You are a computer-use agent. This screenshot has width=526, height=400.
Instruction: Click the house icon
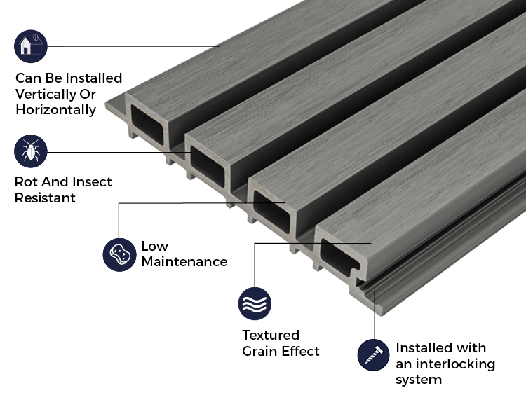pyautogui.click(x=30, y=46)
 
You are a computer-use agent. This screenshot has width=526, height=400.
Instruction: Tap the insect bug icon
pyautogui.click(x=30, y=151)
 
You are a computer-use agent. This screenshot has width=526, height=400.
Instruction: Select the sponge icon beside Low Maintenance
pyautogui.click(x=119, y=254)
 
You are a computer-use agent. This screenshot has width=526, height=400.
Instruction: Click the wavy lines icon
pyautogui.click(x=255, y=303)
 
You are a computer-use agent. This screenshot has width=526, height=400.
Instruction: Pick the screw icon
pyautogui.click(x=373, y=355)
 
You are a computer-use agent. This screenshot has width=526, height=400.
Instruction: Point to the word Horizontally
pyautogui.click(x=55, y=110)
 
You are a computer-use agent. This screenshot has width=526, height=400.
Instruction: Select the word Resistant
pyautogui.click(x=44, y=198)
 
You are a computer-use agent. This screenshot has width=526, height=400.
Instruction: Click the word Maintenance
pyautogui.click(x=184, y=262)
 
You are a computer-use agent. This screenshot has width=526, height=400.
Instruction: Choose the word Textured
pyautogui.click(x=271, y=335)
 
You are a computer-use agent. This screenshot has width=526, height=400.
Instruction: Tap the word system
pyautogui.click(x=419, y=380)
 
